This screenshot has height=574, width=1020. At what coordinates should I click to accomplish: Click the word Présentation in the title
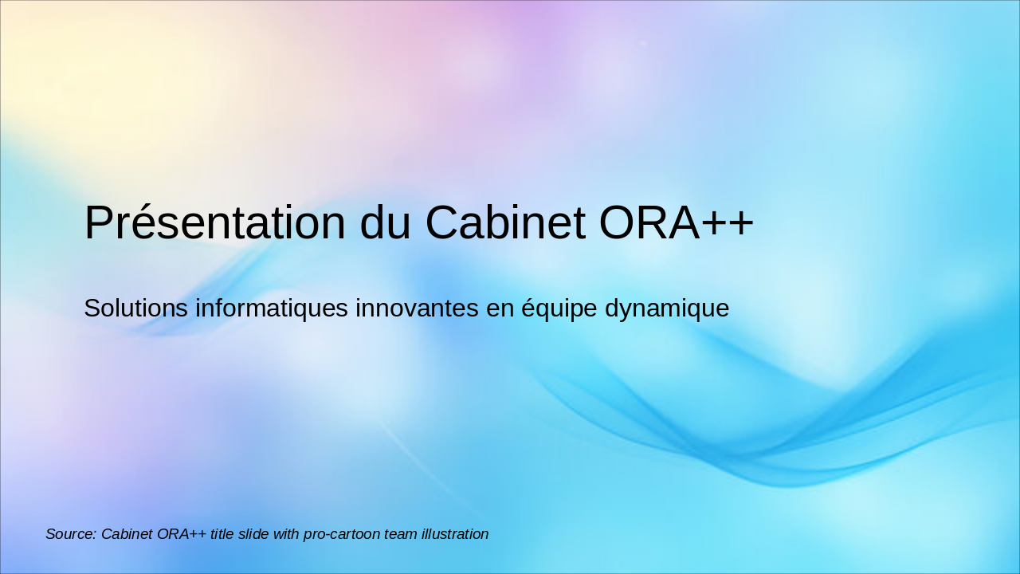point(214,222)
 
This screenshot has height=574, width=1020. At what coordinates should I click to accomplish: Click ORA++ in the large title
point(676,222)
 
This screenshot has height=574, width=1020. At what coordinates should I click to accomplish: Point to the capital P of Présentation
point(98,222)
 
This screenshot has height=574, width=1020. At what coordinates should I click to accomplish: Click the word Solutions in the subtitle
point(136,308)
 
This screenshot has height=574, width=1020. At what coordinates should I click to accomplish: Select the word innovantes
point(418,308)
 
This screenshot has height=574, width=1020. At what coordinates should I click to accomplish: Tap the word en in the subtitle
point(500,308)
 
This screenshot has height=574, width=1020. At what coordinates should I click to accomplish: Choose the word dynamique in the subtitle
point(667,309)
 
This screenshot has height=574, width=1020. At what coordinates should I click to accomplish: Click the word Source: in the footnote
point(71,534)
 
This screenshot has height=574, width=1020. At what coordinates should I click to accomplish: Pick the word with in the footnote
point(286,534)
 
